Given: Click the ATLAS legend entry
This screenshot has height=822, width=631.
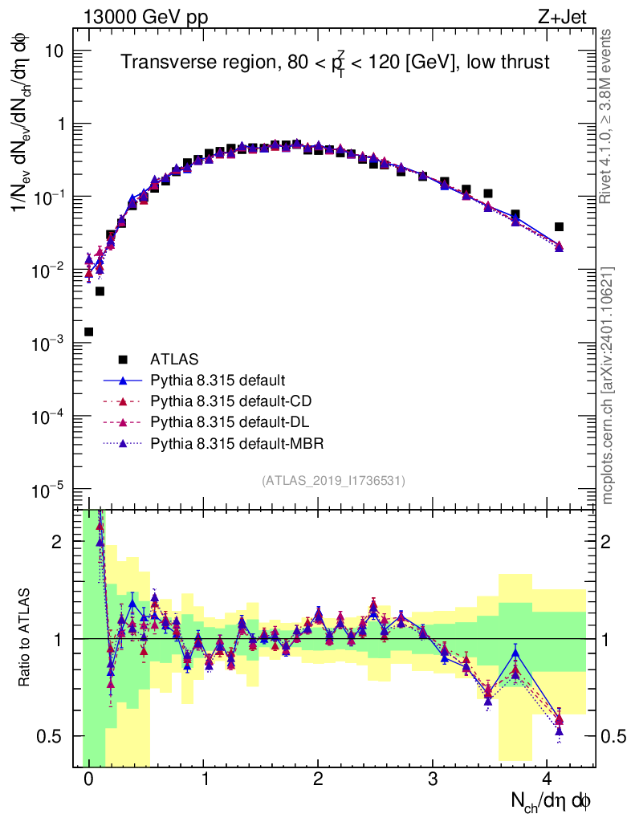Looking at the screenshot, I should click(173, 359).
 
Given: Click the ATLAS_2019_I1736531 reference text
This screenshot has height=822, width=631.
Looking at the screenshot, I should click(333, 481).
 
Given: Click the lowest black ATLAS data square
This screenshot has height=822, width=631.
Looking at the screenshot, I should click(88, 332).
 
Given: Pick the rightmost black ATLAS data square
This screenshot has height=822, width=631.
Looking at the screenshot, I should click(559, 226).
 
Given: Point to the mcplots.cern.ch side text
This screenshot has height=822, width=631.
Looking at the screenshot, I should click(608, 385).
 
